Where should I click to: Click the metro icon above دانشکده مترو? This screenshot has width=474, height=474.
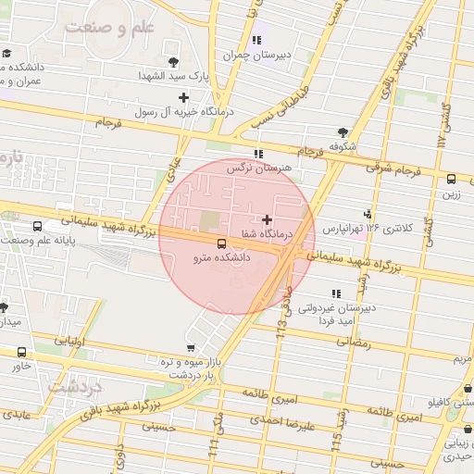tap(220, 243)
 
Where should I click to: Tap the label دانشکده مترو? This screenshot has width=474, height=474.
tap(220, 258)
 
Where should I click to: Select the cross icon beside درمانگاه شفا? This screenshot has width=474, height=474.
tap(268, 219)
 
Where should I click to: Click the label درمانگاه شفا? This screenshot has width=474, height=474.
tap(266, 234)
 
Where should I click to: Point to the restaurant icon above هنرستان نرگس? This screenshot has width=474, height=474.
tap(256, 154)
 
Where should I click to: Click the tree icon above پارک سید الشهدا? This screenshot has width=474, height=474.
tap(173, 62)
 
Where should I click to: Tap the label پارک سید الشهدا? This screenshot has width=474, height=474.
tap(174, 76)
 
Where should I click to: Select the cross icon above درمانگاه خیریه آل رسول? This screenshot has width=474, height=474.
tap(183, 96)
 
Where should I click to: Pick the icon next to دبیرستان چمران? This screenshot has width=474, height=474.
tap(256, 41)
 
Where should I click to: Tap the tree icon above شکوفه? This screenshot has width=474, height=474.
tap(343, 132)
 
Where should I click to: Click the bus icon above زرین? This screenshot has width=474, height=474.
tap(451, 180)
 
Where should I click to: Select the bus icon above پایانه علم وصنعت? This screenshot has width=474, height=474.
tap(37, 226)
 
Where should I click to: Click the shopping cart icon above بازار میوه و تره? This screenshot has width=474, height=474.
tap(191, 348)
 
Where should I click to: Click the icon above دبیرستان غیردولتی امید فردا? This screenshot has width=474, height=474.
tap(335, 293)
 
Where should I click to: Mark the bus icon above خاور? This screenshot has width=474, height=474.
tap(21, 352)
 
